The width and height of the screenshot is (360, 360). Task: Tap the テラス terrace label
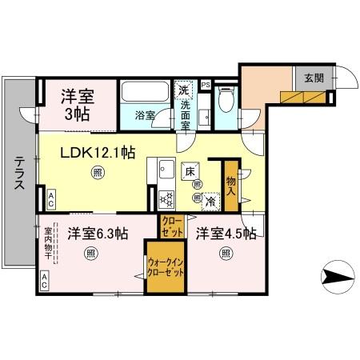(x=18, y=173)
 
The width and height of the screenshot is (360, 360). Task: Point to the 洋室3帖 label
(x=78, y=104)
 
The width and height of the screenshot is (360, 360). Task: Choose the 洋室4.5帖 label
(x=226, y=234)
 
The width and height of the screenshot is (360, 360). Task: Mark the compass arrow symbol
(x=338, y=278)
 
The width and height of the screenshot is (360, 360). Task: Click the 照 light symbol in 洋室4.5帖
(x=226, y=254)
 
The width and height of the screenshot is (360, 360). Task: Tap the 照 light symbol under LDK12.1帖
(x=97, y=172)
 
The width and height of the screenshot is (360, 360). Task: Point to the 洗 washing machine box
(x=185, y=89)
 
